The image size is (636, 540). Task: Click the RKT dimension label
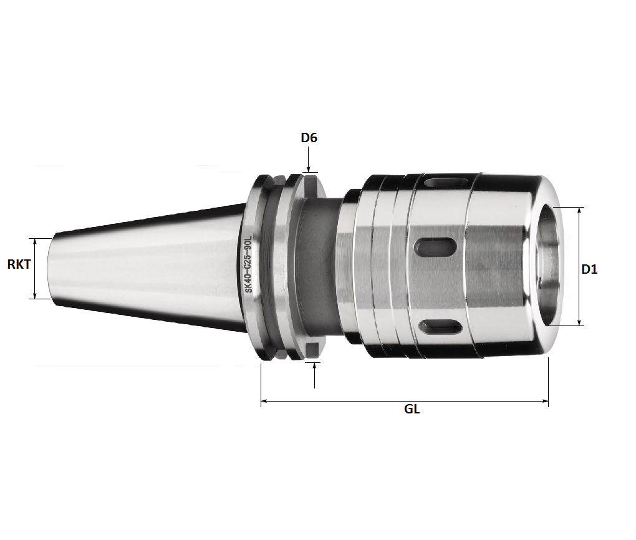pos(19,264)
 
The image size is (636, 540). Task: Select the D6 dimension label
pos(309,138)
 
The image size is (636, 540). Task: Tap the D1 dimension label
pos(589,269)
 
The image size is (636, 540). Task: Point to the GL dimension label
pos(412,410)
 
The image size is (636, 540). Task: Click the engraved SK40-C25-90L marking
pos(248,264)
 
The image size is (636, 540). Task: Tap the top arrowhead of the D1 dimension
pos(580,211)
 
